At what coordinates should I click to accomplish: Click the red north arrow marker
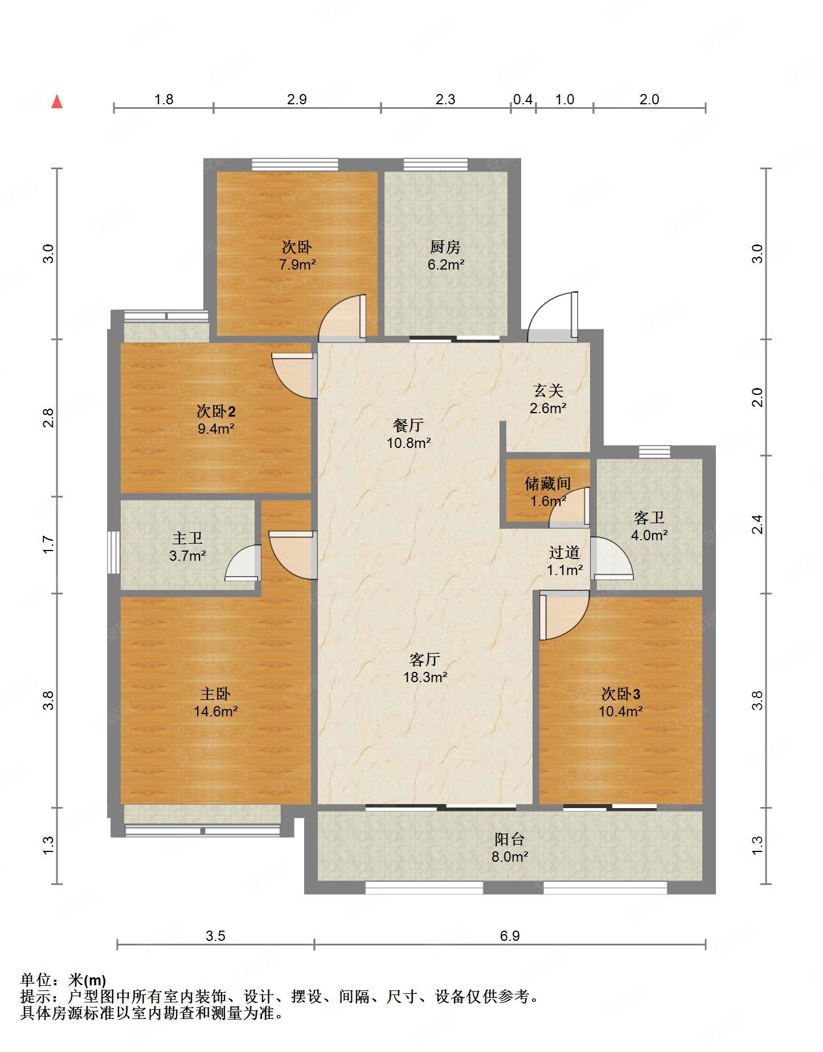point(57,101)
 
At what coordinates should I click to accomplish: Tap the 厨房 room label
point(445,247)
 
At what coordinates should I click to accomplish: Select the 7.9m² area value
point(297,264)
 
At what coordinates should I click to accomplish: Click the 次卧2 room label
point(216,411)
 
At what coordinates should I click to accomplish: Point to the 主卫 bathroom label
point(187,538)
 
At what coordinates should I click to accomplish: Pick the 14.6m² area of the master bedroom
point(215,711)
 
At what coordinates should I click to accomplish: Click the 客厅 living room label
point(425,659)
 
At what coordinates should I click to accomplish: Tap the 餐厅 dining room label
point(408,425)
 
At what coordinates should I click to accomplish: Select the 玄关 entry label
point(548,390)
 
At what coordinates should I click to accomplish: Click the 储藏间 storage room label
point(548,483)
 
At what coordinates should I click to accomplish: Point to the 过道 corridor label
point(564,552)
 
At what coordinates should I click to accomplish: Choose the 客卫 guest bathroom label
point(649,517)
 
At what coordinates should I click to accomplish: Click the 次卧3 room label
point(621,694)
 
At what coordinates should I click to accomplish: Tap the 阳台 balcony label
point(510,839)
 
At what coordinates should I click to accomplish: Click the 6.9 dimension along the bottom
point(510,936)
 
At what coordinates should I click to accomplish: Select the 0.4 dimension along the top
point(523,99)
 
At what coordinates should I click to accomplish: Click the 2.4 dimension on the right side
point(757,524)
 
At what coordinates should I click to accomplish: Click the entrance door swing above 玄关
point(553,317)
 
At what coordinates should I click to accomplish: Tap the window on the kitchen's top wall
point(436,165)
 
